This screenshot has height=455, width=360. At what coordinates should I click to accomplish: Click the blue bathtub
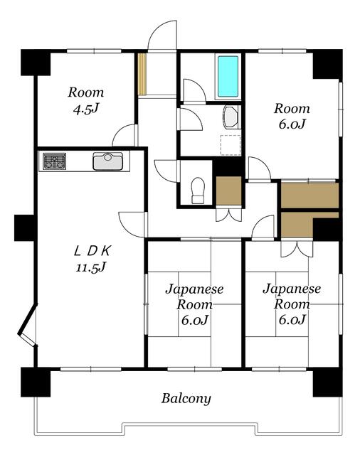228,77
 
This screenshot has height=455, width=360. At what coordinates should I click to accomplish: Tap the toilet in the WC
198,190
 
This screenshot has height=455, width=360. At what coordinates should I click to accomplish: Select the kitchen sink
107,161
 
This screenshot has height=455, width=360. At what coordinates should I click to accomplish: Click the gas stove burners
54,161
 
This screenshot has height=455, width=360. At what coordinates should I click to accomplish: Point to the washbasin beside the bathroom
231,117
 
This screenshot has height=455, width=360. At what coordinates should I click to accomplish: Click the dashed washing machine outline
231,145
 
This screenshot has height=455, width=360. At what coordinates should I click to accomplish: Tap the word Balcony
186,399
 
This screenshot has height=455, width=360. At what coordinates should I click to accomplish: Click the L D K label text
92,251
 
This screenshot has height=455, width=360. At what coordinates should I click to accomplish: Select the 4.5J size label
86,109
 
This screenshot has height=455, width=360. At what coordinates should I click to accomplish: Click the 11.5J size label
91,267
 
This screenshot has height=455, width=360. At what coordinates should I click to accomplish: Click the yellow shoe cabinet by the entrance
142,74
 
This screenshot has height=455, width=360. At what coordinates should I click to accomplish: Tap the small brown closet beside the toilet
229,191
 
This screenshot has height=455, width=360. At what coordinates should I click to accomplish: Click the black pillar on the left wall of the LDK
24,227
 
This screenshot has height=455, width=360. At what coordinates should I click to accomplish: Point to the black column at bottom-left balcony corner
36,382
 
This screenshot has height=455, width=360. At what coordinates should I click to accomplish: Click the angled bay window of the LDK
28,324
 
